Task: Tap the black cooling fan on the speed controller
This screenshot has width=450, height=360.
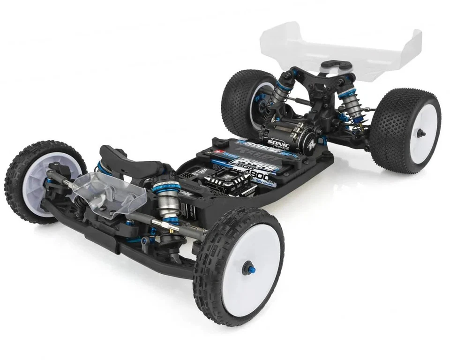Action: coord(224,181)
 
